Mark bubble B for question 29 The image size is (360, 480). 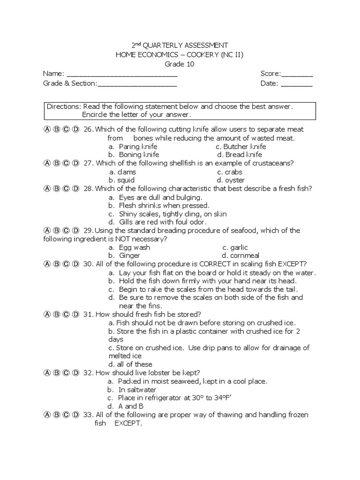56,231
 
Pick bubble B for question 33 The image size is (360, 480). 56,415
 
